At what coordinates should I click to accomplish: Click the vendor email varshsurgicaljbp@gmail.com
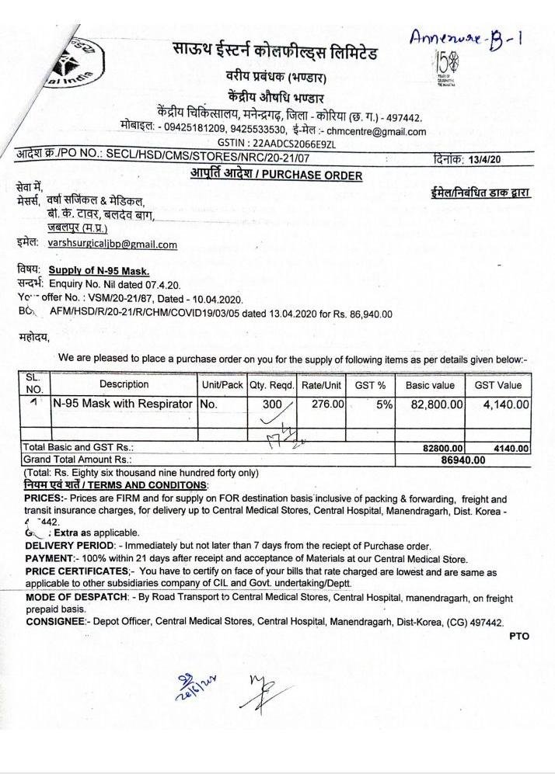112,244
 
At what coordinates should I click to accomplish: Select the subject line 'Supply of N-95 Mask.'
99,271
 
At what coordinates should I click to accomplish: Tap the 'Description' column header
124,384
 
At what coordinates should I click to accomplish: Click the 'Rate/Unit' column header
322,384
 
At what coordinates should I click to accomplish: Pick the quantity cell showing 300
272,404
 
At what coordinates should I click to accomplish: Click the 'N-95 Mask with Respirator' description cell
122,404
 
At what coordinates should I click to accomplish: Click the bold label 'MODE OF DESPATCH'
77,598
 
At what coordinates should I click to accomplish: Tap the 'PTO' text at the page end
519,636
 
